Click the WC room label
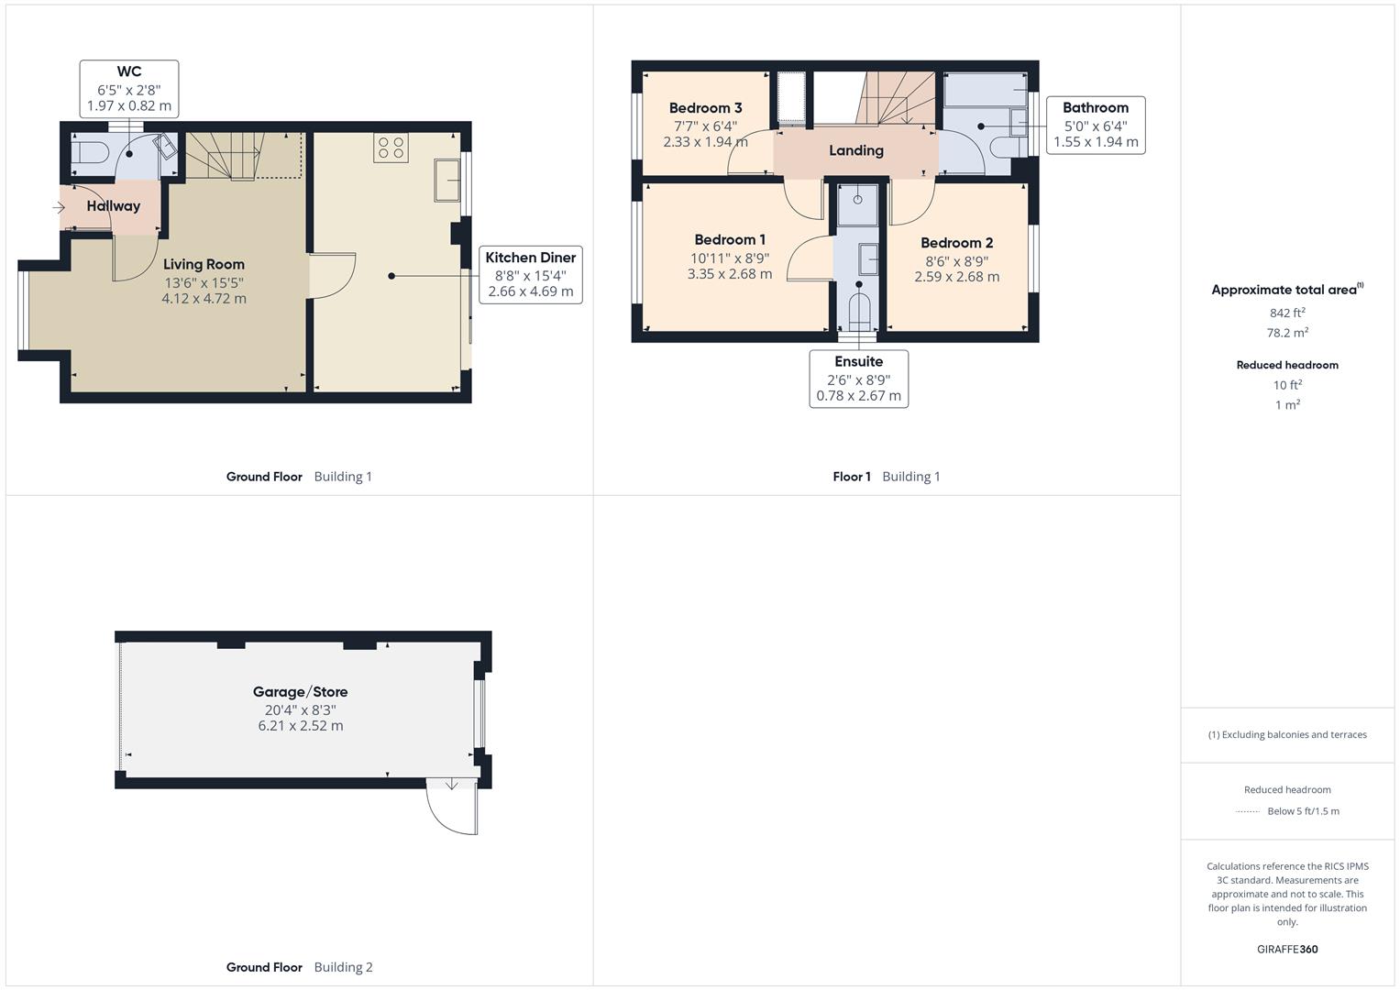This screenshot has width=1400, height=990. [129, 71]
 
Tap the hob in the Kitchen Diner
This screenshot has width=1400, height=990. [391, 148]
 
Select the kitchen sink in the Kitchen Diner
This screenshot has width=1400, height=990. [446, 180]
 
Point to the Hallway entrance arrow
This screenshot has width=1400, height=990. [59, 207]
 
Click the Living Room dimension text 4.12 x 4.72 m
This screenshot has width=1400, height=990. [204, 299]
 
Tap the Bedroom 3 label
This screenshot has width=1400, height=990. [705, 108]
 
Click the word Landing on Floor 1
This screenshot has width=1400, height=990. [855, 150]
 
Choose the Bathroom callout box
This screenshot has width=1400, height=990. [1095, 125]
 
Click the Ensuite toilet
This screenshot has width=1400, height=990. [859, 313]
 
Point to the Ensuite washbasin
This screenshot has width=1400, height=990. [868, 259]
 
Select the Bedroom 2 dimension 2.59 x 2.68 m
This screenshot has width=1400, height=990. [956, 277]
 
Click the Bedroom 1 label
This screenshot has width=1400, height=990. [730, 240]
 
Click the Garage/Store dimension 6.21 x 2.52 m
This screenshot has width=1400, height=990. [300, 726]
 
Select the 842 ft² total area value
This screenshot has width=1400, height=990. [1286, 313]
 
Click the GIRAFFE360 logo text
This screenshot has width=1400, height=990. [1286, 949]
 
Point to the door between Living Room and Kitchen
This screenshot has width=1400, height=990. [333, 275]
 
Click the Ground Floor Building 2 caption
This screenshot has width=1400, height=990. [299, 967]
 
